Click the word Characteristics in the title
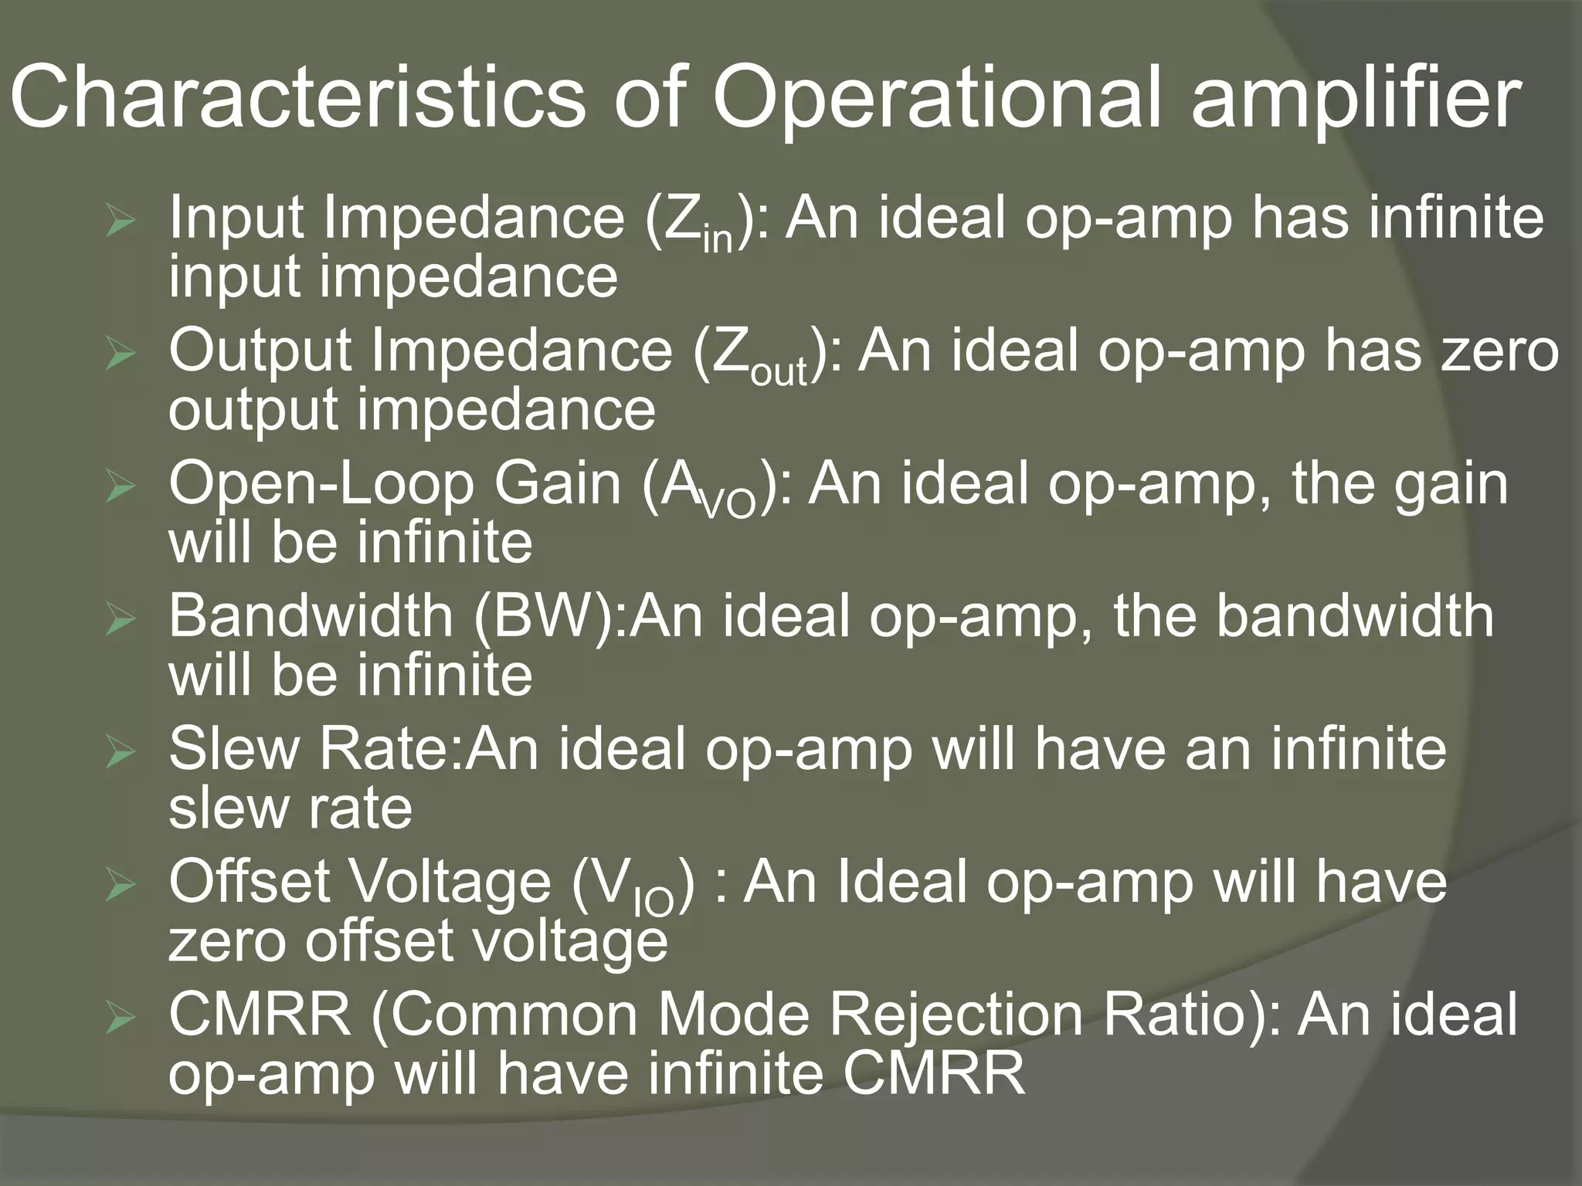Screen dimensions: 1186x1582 [297, 99]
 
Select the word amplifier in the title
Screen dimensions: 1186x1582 [1356, 99]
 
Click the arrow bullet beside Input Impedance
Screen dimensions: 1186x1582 [121, 223]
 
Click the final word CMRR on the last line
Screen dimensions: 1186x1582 [933, 1073]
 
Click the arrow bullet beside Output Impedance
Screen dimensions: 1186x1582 [121, 355]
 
